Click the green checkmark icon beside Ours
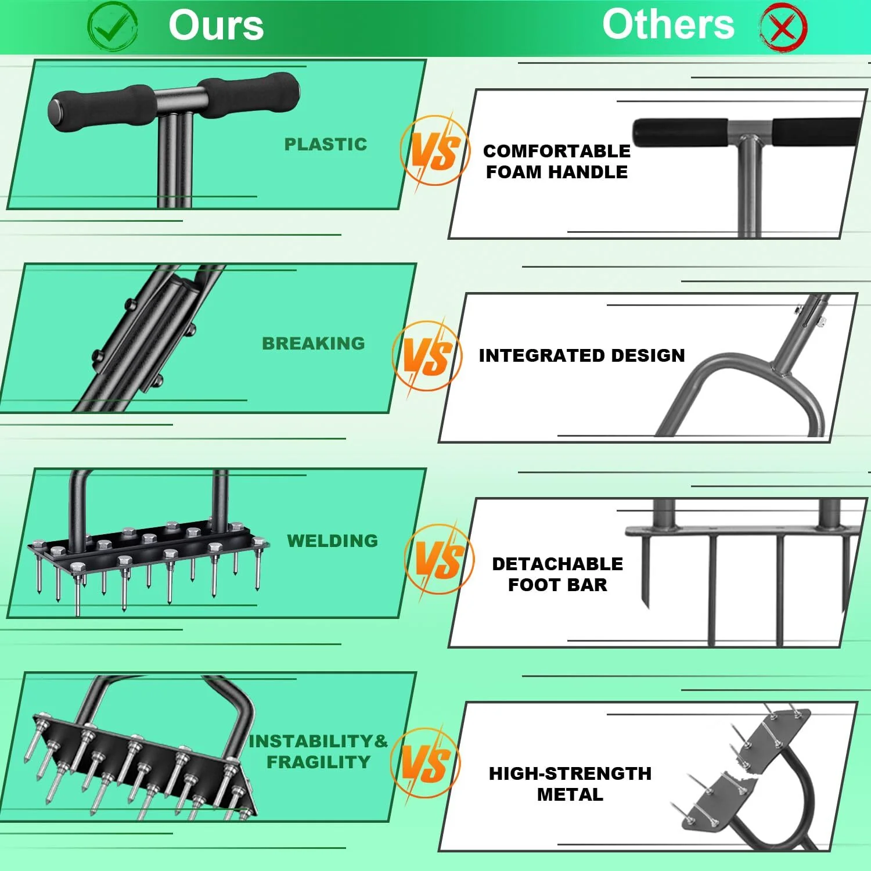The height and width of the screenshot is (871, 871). coord(112,26)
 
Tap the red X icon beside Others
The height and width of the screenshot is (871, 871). coord(783,27)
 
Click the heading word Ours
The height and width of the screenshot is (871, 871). coord(216,26)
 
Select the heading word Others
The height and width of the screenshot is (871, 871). coord(668,24)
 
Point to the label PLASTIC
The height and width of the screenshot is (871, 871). coord(326,144)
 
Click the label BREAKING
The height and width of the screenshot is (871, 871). coord(314,343)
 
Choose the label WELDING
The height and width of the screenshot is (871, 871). coord(333,541)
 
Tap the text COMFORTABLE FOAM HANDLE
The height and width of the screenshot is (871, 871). coord(557,161)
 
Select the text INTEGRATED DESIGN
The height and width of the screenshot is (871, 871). coord(582,355)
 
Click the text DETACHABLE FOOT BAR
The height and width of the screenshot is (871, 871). coord(557,574)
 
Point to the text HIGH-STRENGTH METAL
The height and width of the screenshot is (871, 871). coord(570,784)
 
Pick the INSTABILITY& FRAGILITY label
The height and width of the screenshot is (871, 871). coord(318,751)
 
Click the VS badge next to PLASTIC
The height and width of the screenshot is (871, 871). coord(435,150)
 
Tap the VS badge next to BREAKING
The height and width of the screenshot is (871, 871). coord(427,355)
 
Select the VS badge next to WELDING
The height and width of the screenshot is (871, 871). coord(439,559)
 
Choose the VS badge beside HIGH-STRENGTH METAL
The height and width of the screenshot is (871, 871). coord(426,763)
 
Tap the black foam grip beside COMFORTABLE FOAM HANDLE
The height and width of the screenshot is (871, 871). coord(679,132)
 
